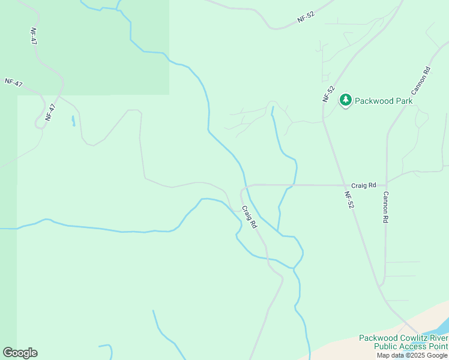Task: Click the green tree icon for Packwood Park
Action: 345,100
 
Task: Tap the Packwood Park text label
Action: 384,101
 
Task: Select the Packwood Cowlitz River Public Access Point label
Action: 403,342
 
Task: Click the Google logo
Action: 20,353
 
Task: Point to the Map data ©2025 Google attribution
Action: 412,355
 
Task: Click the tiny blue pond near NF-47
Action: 73,121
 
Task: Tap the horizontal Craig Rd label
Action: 364,185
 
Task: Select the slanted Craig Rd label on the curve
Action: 249,217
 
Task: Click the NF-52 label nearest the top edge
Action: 306,17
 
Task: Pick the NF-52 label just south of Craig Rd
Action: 349,200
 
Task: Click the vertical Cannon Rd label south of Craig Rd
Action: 386,208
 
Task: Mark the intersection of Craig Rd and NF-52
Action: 344,185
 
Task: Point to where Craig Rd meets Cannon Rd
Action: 387,182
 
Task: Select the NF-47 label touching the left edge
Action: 13,83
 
